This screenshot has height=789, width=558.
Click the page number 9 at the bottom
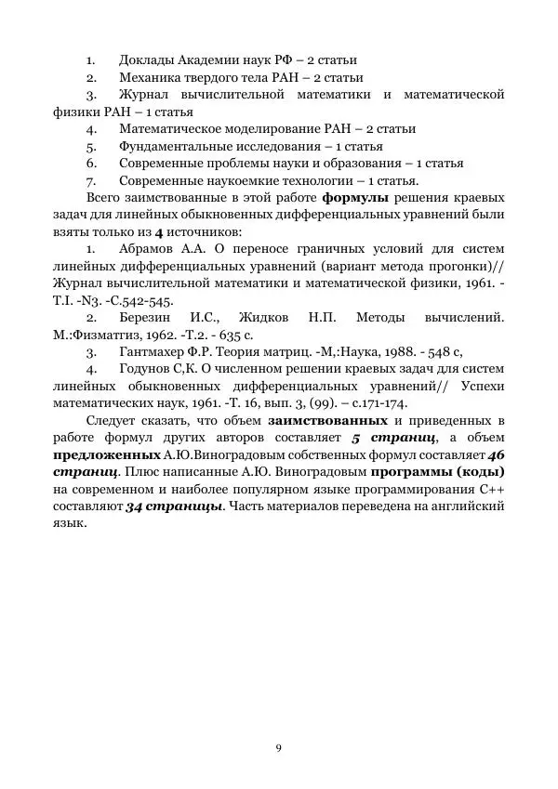[278, 748]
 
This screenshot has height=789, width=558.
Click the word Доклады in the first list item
[149, 60]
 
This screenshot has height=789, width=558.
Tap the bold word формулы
[358, 198]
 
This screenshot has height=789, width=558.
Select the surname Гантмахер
[155, 352]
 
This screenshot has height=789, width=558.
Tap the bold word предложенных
[107, 455]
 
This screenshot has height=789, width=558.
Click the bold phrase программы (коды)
[446, 472]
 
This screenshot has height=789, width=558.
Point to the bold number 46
[496, 455]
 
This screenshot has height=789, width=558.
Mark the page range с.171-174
[378, 403]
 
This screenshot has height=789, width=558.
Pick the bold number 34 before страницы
[133, 506]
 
